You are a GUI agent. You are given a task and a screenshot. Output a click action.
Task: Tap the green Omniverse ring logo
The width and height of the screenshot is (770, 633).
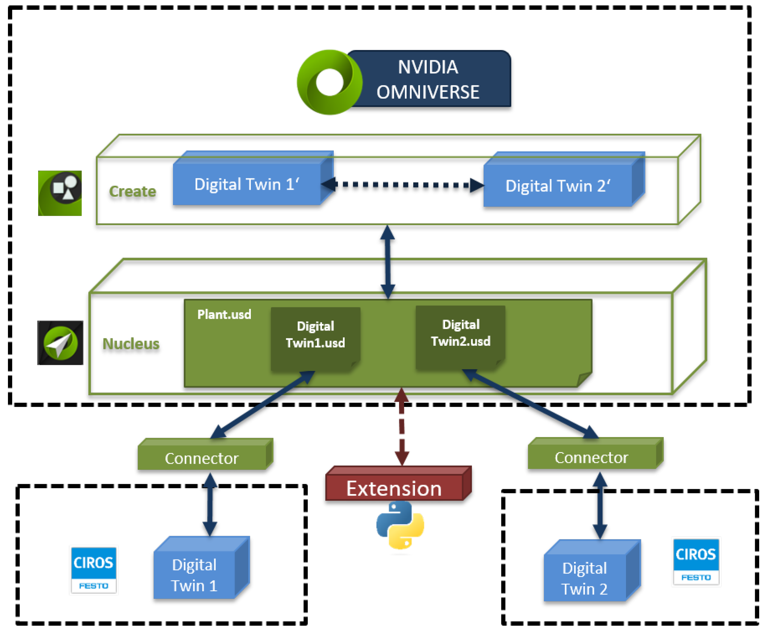pyautogui.click(x=329, y=82)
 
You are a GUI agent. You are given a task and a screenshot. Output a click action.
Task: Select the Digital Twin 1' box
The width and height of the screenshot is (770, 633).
pyautogui.click(x=247, y=184)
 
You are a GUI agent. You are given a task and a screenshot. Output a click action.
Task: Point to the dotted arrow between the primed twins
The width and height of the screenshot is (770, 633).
pyautogui.click(x=403, y=185)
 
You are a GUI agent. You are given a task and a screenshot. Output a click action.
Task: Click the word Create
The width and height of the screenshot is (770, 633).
pyautogui.click(x=133, y=191)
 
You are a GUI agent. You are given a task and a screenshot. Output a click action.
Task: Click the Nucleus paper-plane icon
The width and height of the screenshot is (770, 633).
pyautogui.click(x=60, y=343)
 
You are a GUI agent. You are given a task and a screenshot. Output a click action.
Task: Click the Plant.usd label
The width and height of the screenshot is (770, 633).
pyautogui.click(x=224, y=314)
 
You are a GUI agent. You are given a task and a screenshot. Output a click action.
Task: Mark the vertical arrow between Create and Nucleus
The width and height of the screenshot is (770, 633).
pyautogui.click(x=388, y=261)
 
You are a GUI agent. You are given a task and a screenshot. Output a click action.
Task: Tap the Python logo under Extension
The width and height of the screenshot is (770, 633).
pyautogui.click(x=400, y=525)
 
